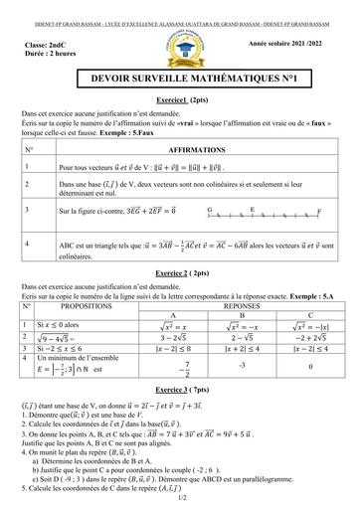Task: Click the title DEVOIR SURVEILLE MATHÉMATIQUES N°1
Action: click(179, 88)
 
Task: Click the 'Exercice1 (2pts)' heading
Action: click(180, 114)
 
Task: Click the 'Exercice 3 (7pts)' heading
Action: click(180, 392)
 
